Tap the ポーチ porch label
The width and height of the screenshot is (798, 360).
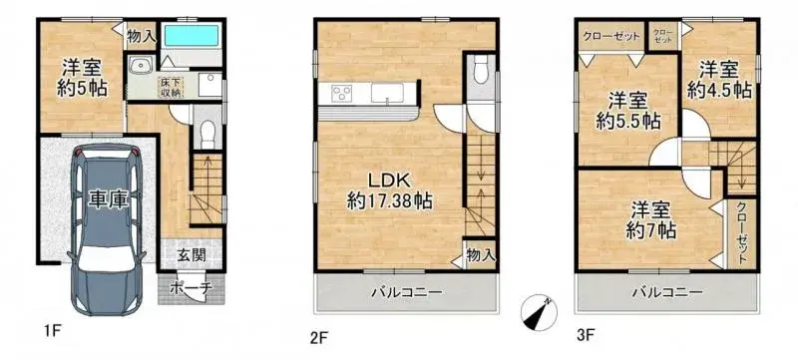[191, 288]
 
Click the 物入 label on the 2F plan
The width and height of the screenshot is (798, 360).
[480, 255]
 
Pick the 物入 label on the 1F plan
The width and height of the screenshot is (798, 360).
[142, 36]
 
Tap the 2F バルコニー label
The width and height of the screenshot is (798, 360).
[406, 292]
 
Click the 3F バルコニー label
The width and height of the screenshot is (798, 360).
[665, 292]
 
